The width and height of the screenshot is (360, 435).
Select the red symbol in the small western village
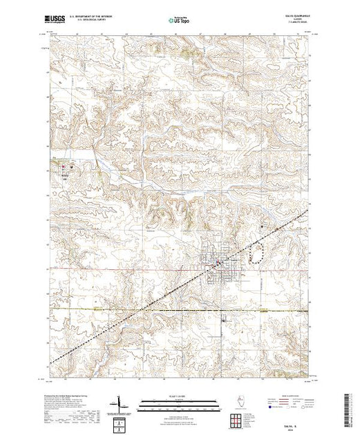click(x=68, y=166)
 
